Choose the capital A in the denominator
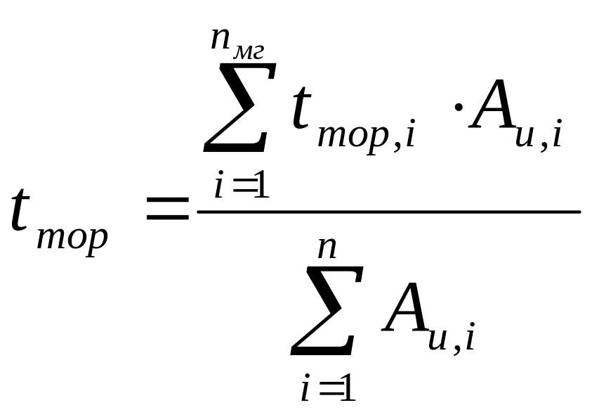[x=406, y=309]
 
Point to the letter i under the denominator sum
[x=305, y=388]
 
